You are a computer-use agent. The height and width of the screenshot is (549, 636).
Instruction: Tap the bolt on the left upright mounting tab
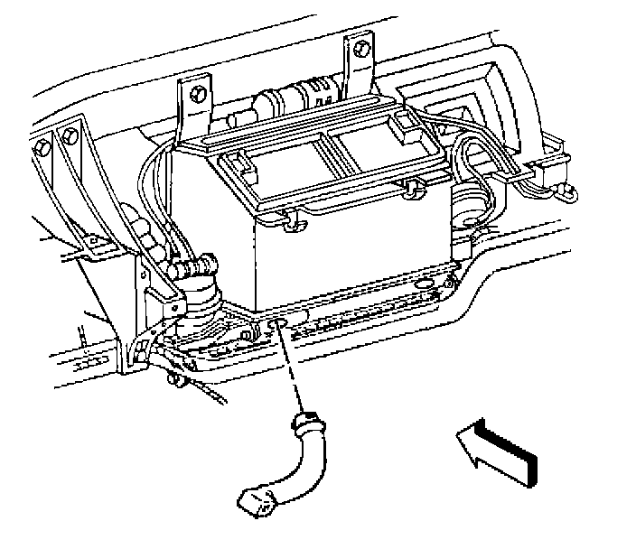click(197, 94)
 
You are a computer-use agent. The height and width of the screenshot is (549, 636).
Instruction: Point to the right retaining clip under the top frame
click(413, 186)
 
